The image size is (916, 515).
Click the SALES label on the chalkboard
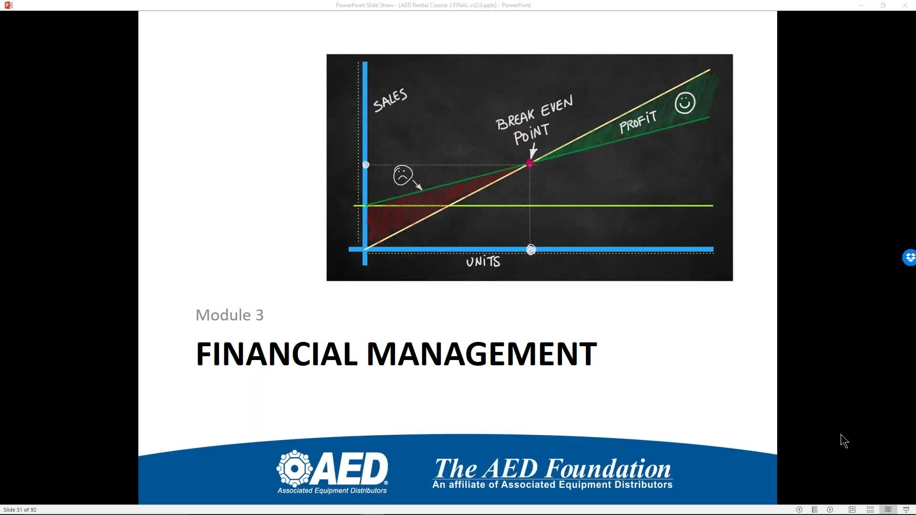click(x=390, y=100)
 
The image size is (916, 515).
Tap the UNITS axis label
click(x=483, y=262)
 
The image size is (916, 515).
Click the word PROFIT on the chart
click(x=638, y=122)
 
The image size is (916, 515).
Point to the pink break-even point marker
click(x=530, y=164)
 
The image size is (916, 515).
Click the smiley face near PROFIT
click(x=685, y=103)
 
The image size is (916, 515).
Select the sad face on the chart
click(x=403, y=175)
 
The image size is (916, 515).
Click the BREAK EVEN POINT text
click(x=534, y=120)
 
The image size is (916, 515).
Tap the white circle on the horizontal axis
click(x=531, y=249)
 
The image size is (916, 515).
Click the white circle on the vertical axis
click(x=366, y=165)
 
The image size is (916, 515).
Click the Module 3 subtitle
click(x=229, y=315)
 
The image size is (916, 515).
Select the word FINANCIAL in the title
click(x=277, y=354)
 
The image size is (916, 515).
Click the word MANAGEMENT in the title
click(x=481, y=354)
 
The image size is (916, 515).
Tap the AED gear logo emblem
click(x=294, y=468)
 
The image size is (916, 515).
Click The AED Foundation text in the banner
click(x=552, y=468)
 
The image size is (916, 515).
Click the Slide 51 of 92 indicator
click(x=20, y=510)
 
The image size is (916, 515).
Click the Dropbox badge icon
click(x=909, y=257)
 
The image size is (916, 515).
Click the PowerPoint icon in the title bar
click(x=8, y=5)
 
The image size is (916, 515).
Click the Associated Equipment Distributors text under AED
click(x=332, y=490)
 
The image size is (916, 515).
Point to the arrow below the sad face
click(x=416, y=185)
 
